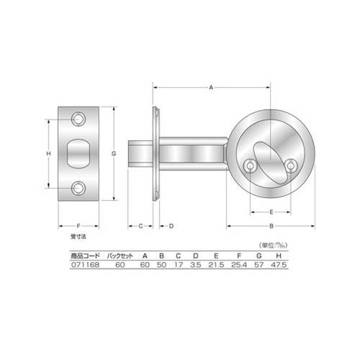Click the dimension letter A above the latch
(x=211, y=88)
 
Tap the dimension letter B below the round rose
(x=271, y=226)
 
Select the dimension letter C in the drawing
(x=141, y=226)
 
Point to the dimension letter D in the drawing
(x=171, y=226)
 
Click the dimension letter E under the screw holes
(x=271, y=212)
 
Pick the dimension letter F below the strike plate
(x=78, y=226)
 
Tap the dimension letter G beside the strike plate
(x=114, y=153)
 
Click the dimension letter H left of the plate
(x=48, y=153)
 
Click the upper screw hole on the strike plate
(x=78, y=119)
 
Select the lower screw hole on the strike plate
(x=78, y=188)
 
